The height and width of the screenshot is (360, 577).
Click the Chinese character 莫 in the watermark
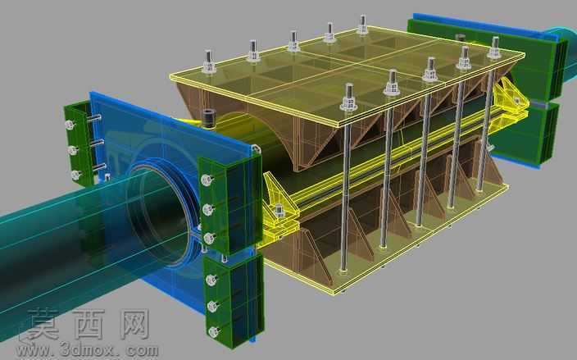pyautogui.click(x=43, y=325)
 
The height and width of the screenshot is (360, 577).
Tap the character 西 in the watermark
pyautogui.click(x=89, y=324)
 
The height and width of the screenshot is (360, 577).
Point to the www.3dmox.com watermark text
pyautogui.click(x=87, y=349)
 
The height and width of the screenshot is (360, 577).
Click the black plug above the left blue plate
pyautogui.click(x=209, y=119)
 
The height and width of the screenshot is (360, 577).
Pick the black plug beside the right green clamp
pyautogui.click(x=460, y=37)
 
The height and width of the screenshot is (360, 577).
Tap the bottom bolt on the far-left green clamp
pyautogui.click(x=75, y=175)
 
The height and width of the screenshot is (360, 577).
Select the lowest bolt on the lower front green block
pyautogui.click(x=213, y=331)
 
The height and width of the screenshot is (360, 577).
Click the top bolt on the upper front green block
pyautogui.click(x=207, y=180)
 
